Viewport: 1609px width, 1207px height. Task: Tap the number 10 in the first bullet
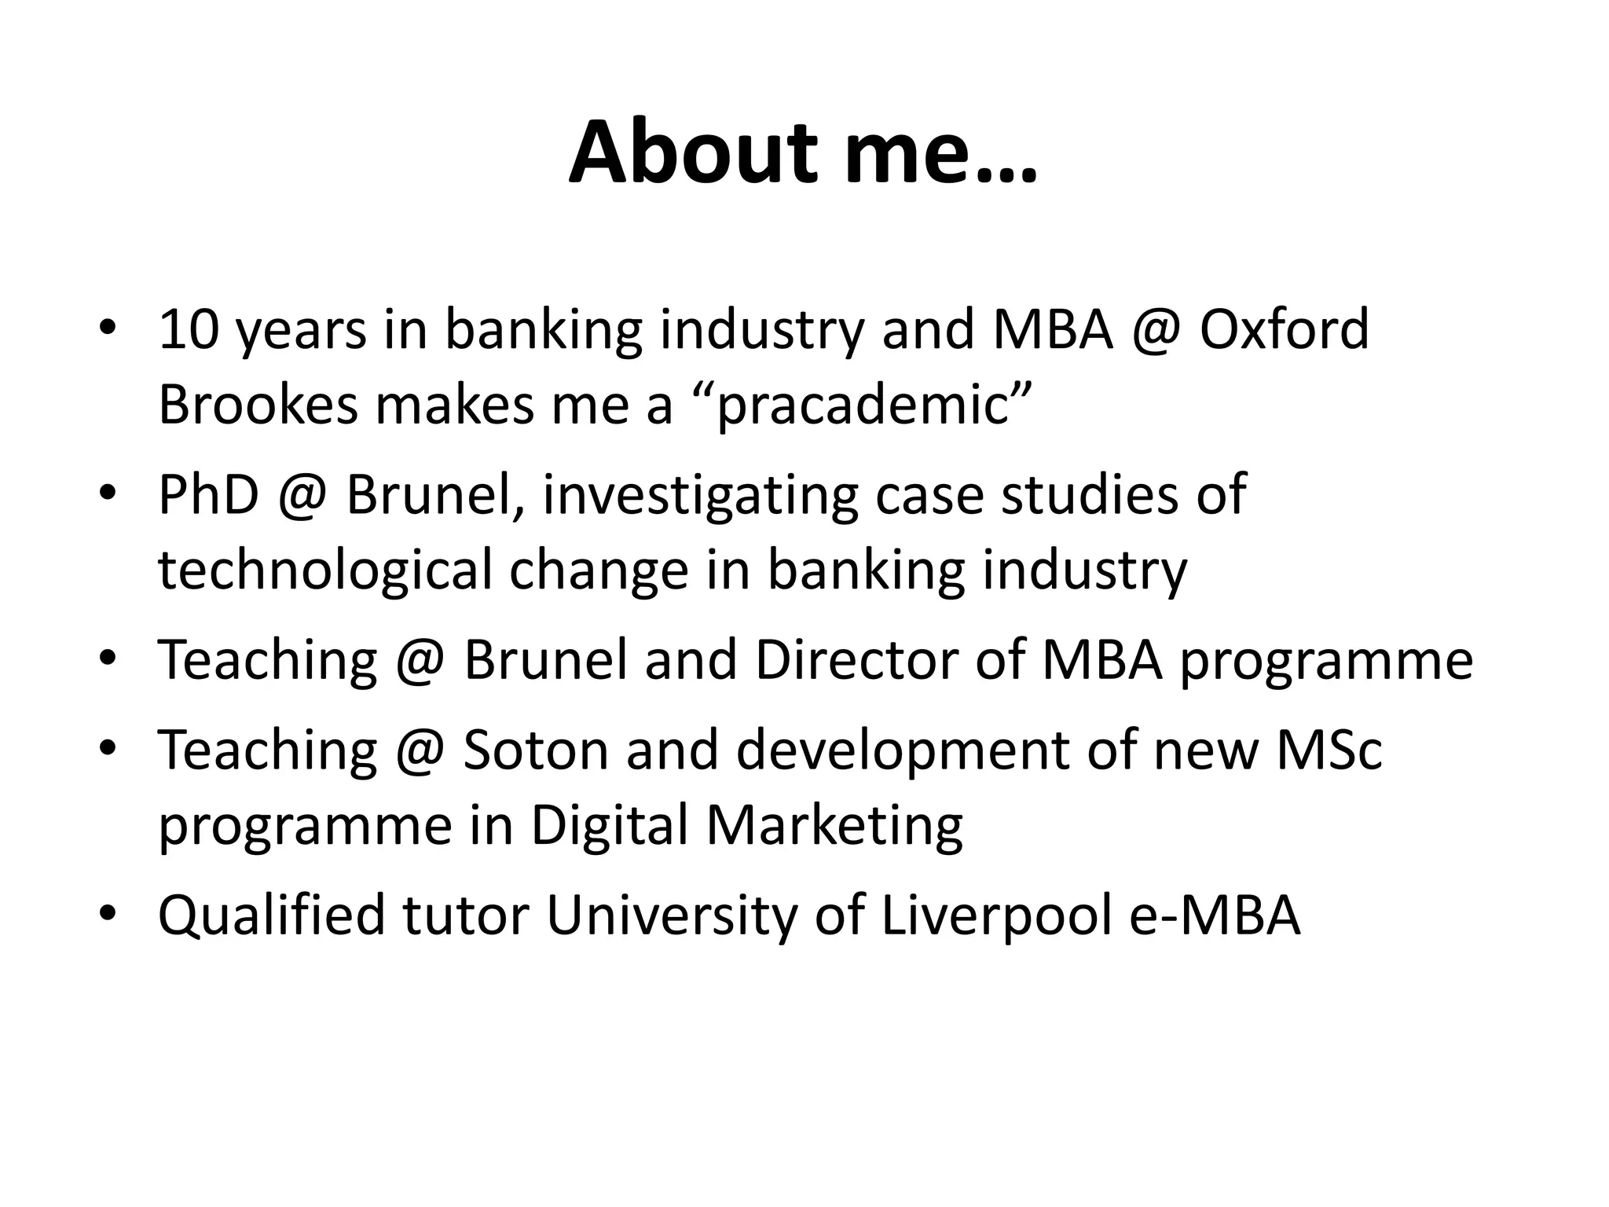(x=189, y=329)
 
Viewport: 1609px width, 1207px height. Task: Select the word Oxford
(x=1285, y=329)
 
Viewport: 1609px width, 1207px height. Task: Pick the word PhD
(x=208, y=494)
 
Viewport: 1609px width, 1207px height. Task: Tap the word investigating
(x=699, y=496)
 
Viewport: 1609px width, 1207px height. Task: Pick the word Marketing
(x=834, y=825)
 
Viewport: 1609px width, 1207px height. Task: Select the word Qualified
(x=272, y=915)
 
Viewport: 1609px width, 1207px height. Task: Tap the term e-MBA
(x=1215, y=915)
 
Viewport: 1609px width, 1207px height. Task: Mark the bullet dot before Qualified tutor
(x=108, y=913)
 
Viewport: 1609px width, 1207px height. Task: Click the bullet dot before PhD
(x=108, y=493)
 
